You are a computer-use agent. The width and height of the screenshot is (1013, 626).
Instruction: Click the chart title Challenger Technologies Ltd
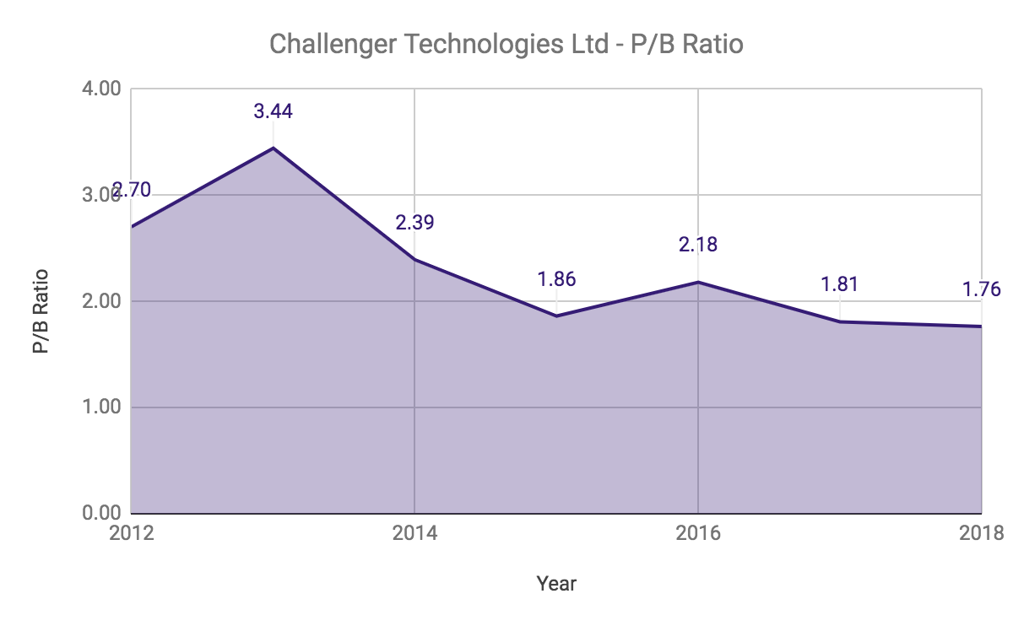[x=506, y=44]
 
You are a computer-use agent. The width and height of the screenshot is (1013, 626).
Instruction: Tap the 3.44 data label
[x=273, y=111]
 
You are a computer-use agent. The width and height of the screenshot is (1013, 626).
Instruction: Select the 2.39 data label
[x=414, y=223]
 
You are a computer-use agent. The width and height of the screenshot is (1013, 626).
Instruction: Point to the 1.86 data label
[x=556, y=279]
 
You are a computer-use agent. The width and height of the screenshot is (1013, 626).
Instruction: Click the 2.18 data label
[x=698, y=245]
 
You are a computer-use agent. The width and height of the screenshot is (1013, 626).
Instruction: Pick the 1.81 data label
[x=839, y=284]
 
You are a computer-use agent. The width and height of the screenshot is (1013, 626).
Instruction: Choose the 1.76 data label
[x=981, y=289]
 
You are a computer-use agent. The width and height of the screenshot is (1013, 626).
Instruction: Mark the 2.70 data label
[x=132, y=191]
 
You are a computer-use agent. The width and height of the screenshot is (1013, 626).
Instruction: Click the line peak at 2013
[x=273, y=148]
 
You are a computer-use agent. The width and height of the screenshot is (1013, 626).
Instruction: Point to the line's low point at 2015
[x=556, y=316]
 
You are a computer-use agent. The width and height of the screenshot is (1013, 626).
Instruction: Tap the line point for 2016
[x=698, y=282]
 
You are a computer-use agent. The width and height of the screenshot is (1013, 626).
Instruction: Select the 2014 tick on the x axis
[x=414, y=533]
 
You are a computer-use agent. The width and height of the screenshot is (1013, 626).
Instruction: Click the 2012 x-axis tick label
[x=132, y=533]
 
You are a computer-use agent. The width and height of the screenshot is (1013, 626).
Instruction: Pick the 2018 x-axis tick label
[x=981, y=533]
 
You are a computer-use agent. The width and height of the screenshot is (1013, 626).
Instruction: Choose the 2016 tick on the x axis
[x=698, y=533]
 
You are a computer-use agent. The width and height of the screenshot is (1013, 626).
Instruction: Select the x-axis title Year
[x=556, y=583]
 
